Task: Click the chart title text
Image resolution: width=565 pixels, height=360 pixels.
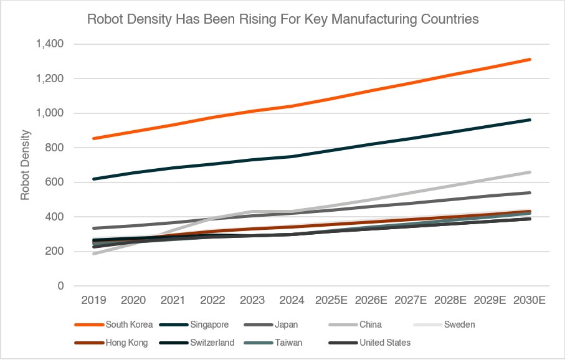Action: [x=283, y=19]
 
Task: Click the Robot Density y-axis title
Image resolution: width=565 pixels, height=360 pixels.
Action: [x=26, y=165]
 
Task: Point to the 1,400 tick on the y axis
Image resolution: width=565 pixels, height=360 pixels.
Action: [x=50, y=44]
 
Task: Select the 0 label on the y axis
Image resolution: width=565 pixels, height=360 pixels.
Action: [x=61, y=287]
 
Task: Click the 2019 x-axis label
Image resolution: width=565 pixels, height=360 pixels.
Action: [x=93, y=300]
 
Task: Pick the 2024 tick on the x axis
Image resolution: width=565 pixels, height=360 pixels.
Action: [x=292, y=300]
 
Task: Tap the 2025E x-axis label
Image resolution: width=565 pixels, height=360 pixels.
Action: [x=331, y=300]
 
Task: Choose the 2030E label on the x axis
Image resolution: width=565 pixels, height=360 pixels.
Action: [x=529, y=300]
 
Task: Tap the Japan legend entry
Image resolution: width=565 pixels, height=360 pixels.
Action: [x=285, y=324]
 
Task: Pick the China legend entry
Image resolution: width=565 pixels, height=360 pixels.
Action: [x=370, y=324]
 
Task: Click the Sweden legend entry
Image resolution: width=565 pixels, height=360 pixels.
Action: [x=458, y=324]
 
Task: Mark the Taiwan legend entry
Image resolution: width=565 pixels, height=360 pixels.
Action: [x=286, y=343]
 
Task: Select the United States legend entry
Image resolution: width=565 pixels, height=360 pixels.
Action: [x=384, y=343]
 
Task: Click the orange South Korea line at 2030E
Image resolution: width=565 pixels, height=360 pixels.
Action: [x=529, y=59]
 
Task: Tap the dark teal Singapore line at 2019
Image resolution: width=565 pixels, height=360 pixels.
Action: [x=93, y=179]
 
